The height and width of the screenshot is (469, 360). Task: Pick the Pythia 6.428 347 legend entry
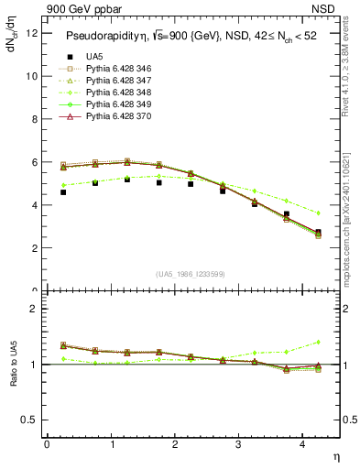pyautogui.click(x=120, y=81)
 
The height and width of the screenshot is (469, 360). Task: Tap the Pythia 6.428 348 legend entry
pyautogui.click(x=120, y=93)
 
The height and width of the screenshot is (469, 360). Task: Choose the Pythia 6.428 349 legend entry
pyautogui.click(x=120, y=104)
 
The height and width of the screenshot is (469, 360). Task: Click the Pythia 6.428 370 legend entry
pyautogui.click(x=120, y=117)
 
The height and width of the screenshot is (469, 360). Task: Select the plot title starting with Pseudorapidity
pyautogui.click(x=191, y=36)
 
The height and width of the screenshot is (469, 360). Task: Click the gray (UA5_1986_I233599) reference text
pyautogui.click(x=192, y=274)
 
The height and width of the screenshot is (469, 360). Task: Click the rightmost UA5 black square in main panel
pyautogui.click(x=318, y=233)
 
